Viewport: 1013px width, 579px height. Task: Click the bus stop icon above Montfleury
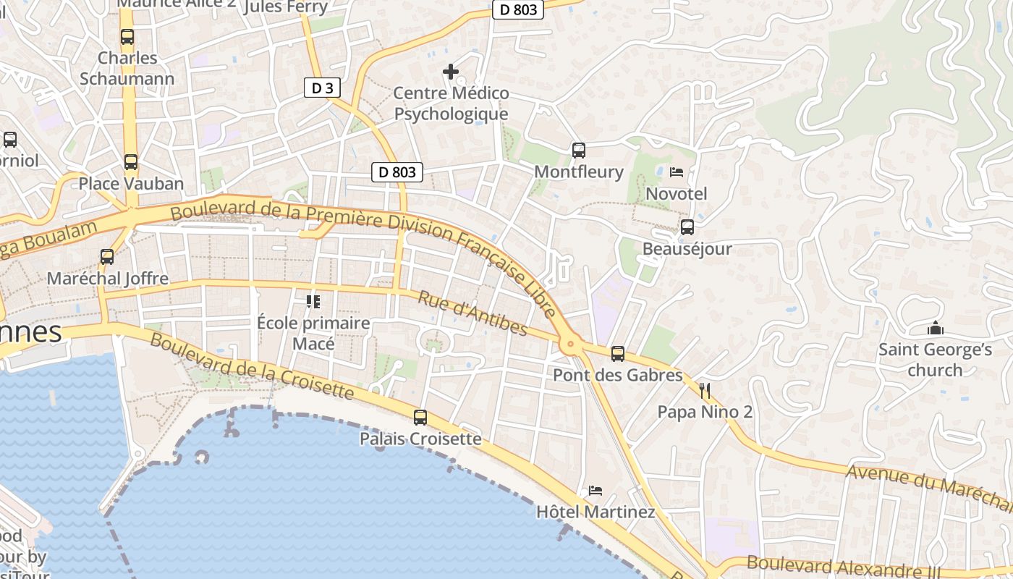[x=578, y=151]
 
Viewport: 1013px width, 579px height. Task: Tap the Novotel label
[x=676, y=194]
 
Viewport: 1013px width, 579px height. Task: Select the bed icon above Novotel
[x=677, y=172]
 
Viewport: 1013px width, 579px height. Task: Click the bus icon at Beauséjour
[x=687, y=227]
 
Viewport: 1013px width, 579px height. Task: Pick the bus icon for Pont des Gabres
[x=617, y=354]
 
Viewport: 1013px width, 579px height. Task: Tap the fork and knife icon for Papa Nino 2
[x=705, y=392]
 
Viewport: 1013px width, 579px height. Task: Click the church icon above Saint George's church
[x=935, y=329]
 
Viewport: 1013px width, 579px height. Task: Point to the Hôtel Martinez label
[x=595, y=512]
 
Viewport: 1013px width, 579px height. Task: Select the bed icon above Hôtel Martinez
[x=595, y=490]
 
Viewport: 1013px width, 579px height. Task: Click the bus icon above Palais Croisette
[x=420, y=417]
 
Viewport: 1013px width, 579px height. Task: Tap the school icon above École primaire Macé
[x=313, y=301]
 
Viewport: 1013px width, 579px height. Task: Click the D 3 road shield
[x=322, y=88]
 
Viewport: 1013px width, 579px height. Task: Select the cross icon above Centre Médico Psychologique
[x=451, y=71]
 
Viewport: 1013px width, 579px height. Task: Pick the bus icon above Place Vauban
[x=130, y=162]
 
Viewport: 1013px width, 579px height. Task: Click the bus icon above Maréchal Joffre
[x=107, y=256]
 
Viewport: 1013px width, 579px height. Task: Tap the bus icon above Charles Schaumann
[x=127, y=36]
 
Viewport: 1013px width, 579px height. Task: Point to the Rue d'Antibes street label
[x=473, y=313]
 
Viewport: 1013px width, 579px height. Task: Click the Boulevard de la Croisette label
[x=252, y=367]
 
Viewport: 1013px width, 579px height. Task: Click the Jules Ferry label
[x=286, y=7]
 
